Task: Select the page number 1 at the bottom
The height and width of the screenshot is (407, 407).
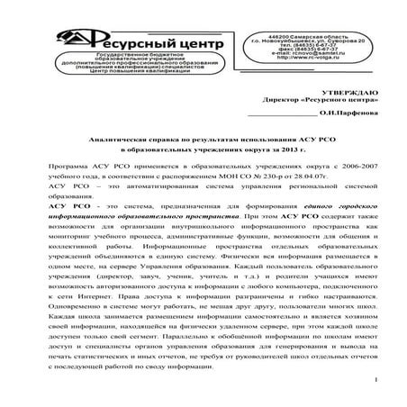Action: pos(373,383)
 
